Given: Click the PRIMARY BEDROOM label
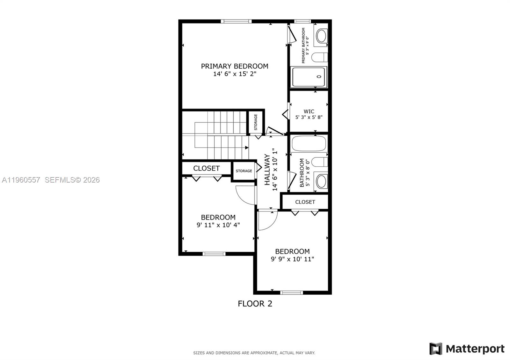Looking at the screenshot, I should tap(234, 66).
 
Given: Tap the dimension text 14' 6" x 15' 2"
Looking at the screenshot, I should tap(235, 74).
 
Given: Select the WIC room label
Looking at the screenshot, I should tap(309, 111).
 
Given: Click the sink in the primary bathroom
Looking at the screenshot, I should tap(321, 36).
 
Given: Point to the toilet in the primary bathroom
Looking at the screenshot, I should tap(319, 57).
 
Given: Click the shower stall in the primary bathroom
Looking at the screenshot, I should tap(309, 77).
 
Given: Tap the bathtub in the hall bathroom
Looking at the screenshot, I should tap(309, 144).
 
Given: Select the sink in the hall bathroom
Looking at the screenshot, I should tap(321, 181).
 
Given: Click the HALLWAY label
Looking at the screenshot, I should tap(267, 169).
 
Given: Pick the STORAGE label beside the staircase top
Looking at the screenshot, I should tap(256, 122).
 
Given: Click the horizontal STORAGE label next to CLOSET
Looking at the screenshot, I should tap(244, 171).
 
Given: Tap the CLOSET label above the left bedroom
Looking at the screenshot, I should tap(206, 168).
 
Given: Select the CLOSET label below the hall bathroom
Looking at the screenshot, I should tap(305, 202).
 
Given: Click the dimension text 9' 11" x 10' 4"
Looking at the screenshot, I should tap(218, 225).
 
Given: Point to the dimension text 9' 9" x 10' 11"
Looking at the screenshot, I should tap(292, 259).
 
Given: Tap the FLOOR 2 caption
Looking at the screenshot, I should tap(255, 304).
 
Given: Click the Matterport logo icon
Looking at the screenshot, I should tap(436, 349).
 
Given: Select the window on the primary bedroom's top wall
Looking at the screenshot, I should tap(236, 21).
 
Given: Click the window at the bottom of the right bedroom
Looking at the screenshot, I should tap(292, 292).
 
